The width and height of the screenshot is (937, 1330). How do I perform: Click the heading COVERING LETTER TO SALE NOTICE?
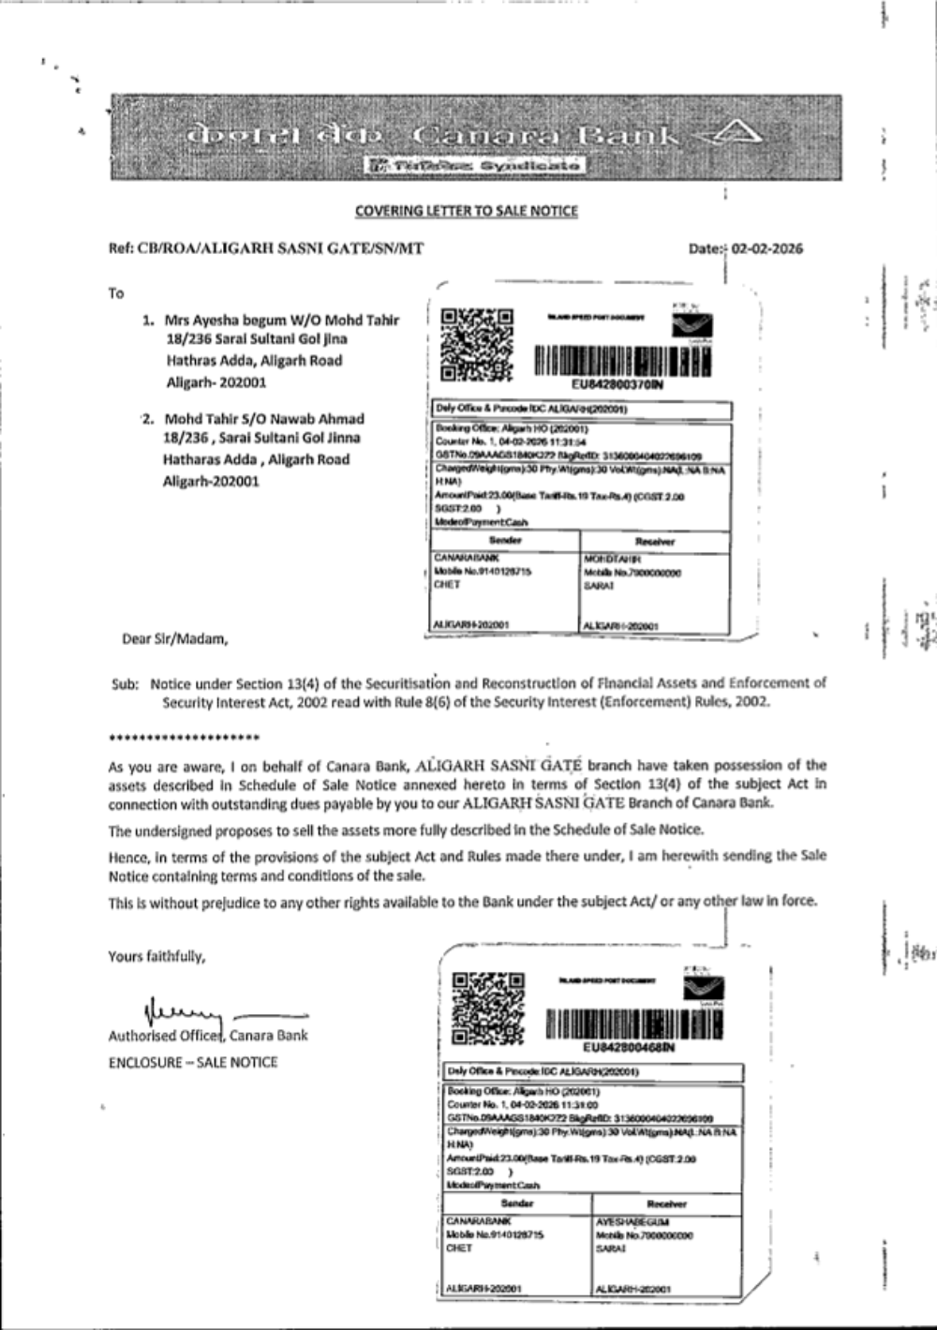(x=466, y=211)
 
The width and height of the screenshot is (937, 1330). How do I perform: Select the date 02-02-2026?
(x=766, y=249)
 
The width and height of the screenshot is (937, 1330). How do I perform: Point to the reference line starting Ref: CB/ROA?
(x=265, y=249)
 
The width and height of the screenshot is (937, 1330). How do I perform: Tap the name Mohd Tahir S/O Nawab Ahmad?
(x=263, y=419)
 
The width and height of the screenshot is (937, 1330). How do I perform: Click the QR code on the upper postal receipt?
(x=476, y=344)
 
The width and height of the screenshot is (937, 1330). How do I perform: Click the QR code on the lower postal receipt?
(x=487, y=1008)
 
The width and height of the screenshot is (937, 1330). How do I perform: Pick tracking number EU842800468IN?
(x=628, y=1047)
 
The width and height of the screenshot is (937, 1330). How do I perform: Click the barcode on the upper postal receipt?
(x=621, y=360)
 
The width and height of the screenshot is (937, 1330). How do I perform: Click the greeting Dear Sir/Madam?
(x=175, y=639)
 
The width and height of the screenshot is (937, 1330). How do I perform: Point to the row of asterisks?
(x=184, y=739)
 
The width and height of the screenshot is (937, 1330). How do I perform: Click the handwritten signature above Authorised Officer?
(x=183, y=1010)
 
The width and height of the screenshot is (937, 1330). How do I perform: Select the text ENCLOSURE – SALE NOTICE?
(x=193, y=1062)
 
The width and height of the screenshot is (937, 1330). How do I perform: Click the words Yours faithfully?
(x=156, y=956)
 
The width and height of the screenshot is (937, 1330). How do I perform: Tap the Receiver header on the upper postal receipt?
(x=654, y=541)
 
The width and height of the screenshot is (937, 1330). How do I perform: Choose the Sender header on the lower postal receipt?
(x=516, y=1203)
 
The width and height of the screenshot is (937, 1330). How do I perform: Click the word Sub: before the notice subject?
(x=125, y=684)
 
